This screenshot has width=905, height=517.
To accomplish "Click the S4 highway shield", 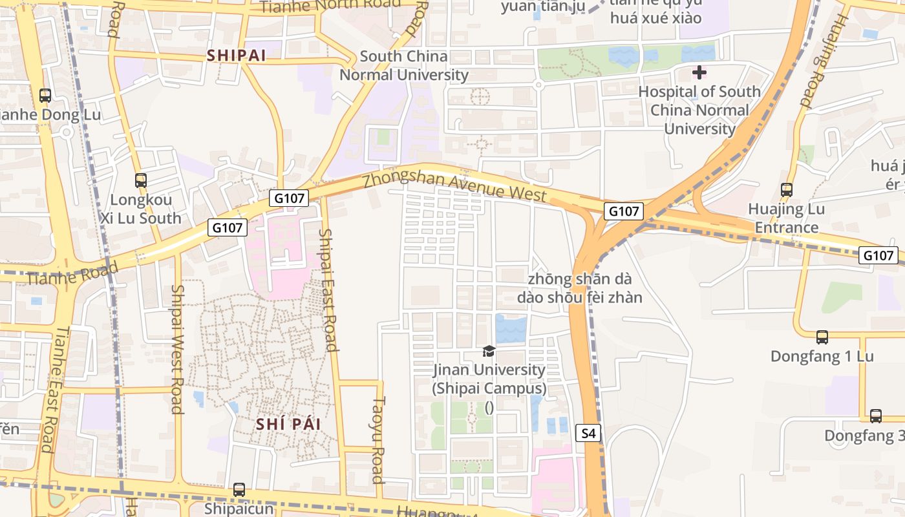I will coord(588,434).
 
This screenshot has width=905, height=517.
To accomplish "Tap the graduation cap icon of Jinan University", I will coord(489,351).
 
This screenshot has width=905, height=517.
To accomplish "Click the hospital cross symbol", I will coord(699,72).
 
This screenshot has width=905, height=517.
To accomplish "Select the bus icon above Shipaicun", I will coord(239,490).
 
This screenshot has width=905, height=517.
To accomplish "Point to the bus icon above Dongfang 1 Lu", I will coord(822,337).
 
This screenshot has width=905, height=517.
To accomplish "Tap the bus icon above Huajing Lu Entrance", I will coord(787,190).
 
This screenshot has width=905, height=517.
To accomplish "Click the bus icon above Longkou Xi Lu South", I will coord(141,180).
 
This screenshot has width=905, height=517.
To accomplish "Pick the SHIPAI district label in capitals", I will coord(237,56).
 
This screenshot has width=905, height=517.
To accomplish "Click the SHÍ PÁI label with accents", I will coord(288,424).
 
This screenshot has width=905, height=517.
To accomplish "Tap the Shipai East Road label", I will coord(328,290).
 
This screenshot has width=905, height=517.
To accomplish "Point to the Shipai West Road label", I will coord(176,349).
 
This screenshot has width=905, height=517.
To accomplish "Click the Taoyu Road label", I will coord(378,439).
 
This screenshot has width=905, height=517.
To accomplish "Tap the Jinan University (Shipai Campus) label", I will coord(489,379).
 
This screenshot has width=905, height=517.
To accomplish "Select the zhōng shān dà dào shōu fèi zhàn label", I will coord(579,288).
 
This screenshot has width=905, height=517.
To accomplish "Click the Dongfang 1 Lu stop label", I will coord(822,357).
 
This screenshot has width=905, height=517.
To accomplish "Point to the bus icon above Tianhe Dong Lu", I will coord(45,96).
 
